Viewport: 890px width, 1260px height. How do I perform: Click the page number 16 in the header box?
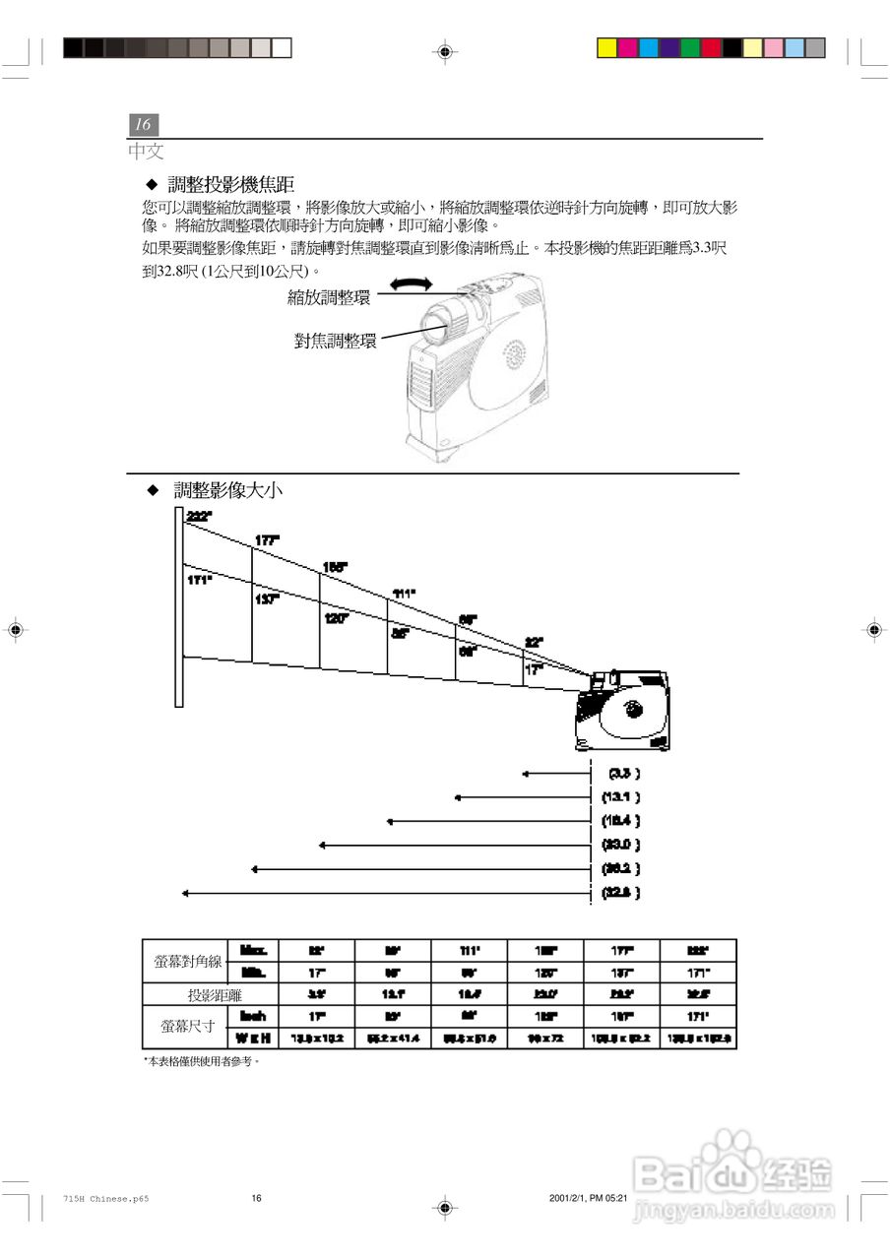143,125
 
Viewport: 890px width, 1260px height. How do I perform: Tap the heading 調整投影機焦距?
230,184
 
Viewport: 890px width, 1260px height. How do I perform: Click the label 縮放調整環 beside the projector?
329,297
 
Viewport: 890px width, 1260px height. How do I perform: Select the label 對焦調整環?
336,342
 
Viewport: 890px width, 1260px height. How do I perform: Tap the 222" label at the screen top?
198,517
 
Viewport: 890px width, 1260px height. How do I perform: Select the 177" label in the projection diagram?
267,540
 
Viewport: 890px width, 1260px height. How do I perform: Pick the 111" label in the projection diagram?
404,593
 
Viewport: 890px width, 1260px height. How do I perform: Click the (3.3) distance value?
624,774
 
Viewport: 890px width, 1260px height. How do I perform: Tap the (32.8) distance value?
621,893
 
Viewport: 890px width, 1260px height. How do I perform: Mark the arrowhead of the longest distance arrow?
186,893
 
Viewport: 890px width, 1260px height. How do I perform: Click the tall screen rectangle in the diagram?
179,607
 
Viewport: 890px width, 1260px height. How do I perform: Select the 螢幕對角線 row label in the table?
188,962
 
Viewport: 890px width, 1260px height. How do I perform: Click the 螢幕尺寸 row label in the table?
187,1027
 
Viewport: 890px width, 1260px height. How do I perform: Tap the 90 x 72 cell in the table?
545,1039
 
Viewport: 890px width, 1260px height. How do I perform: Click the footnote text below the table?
203,1062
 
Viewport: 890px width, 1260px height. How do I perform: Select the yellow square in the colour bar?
607,47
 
